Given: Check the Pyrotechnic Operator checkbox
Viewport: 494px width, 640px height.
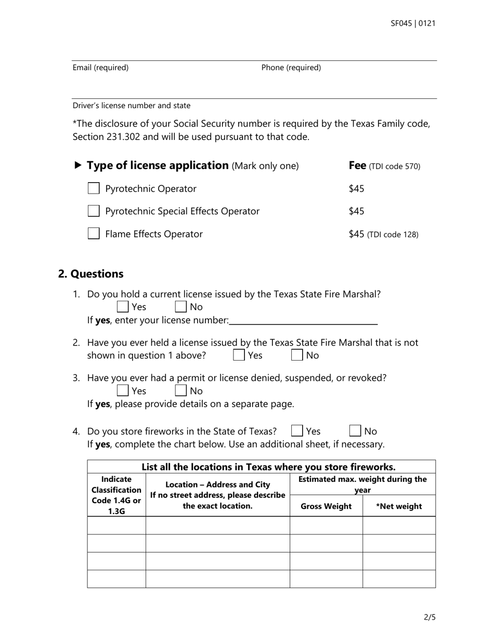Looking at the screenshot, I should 94,188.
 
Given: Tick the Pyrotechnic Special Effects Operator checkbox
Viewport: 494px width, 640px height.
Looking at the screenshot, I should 94,211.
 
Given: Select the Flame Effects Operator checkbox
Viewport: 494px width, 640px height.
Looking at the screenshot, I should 94,234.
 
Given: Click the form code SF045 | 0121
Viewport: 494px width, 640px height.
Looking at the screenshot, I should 413,23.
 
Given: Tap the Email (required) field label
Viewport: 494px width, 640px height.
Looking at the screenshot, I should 100,68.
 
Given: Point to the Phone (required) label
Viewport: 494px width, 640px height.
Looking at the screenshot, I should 291,68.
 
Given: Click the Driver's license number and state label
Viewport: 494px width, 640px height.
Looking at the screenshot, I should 131,106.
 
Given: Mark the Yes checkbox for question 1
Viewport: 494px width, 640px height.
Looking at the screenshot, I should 123,307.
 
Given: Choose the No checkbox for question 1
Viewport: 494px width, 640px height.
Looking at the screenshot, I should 180,307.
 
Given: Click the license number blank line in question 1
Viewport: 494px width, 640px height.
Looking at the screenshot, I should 303,321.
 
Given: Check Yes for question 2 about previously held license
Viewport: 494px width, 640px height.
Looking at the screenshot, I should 239,355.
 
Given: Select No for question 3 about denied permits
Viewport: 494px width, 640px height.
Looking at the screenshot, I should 180,391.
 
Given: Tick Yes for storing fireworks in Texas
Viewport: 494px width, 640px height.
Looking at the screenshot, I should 297,431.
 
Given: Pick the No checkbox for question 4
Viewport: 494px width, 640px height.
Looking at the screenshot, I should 355,431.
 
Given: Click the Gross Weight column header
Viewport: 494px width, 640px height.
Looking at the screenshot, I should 326,506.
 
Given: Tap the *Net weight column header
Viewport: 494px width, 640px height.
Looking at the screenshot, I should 399,506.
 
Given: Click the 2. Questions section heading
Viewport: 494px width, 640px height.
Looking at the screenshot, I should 91,274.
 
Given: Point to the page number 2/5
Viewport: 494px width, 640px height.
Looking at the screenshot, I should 430,618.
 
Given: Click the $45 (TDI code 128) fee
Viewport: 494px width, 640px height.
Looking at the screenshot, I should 383,234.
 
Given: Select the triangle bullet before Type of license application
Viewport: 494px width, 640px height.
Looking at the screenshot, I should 78,165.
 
